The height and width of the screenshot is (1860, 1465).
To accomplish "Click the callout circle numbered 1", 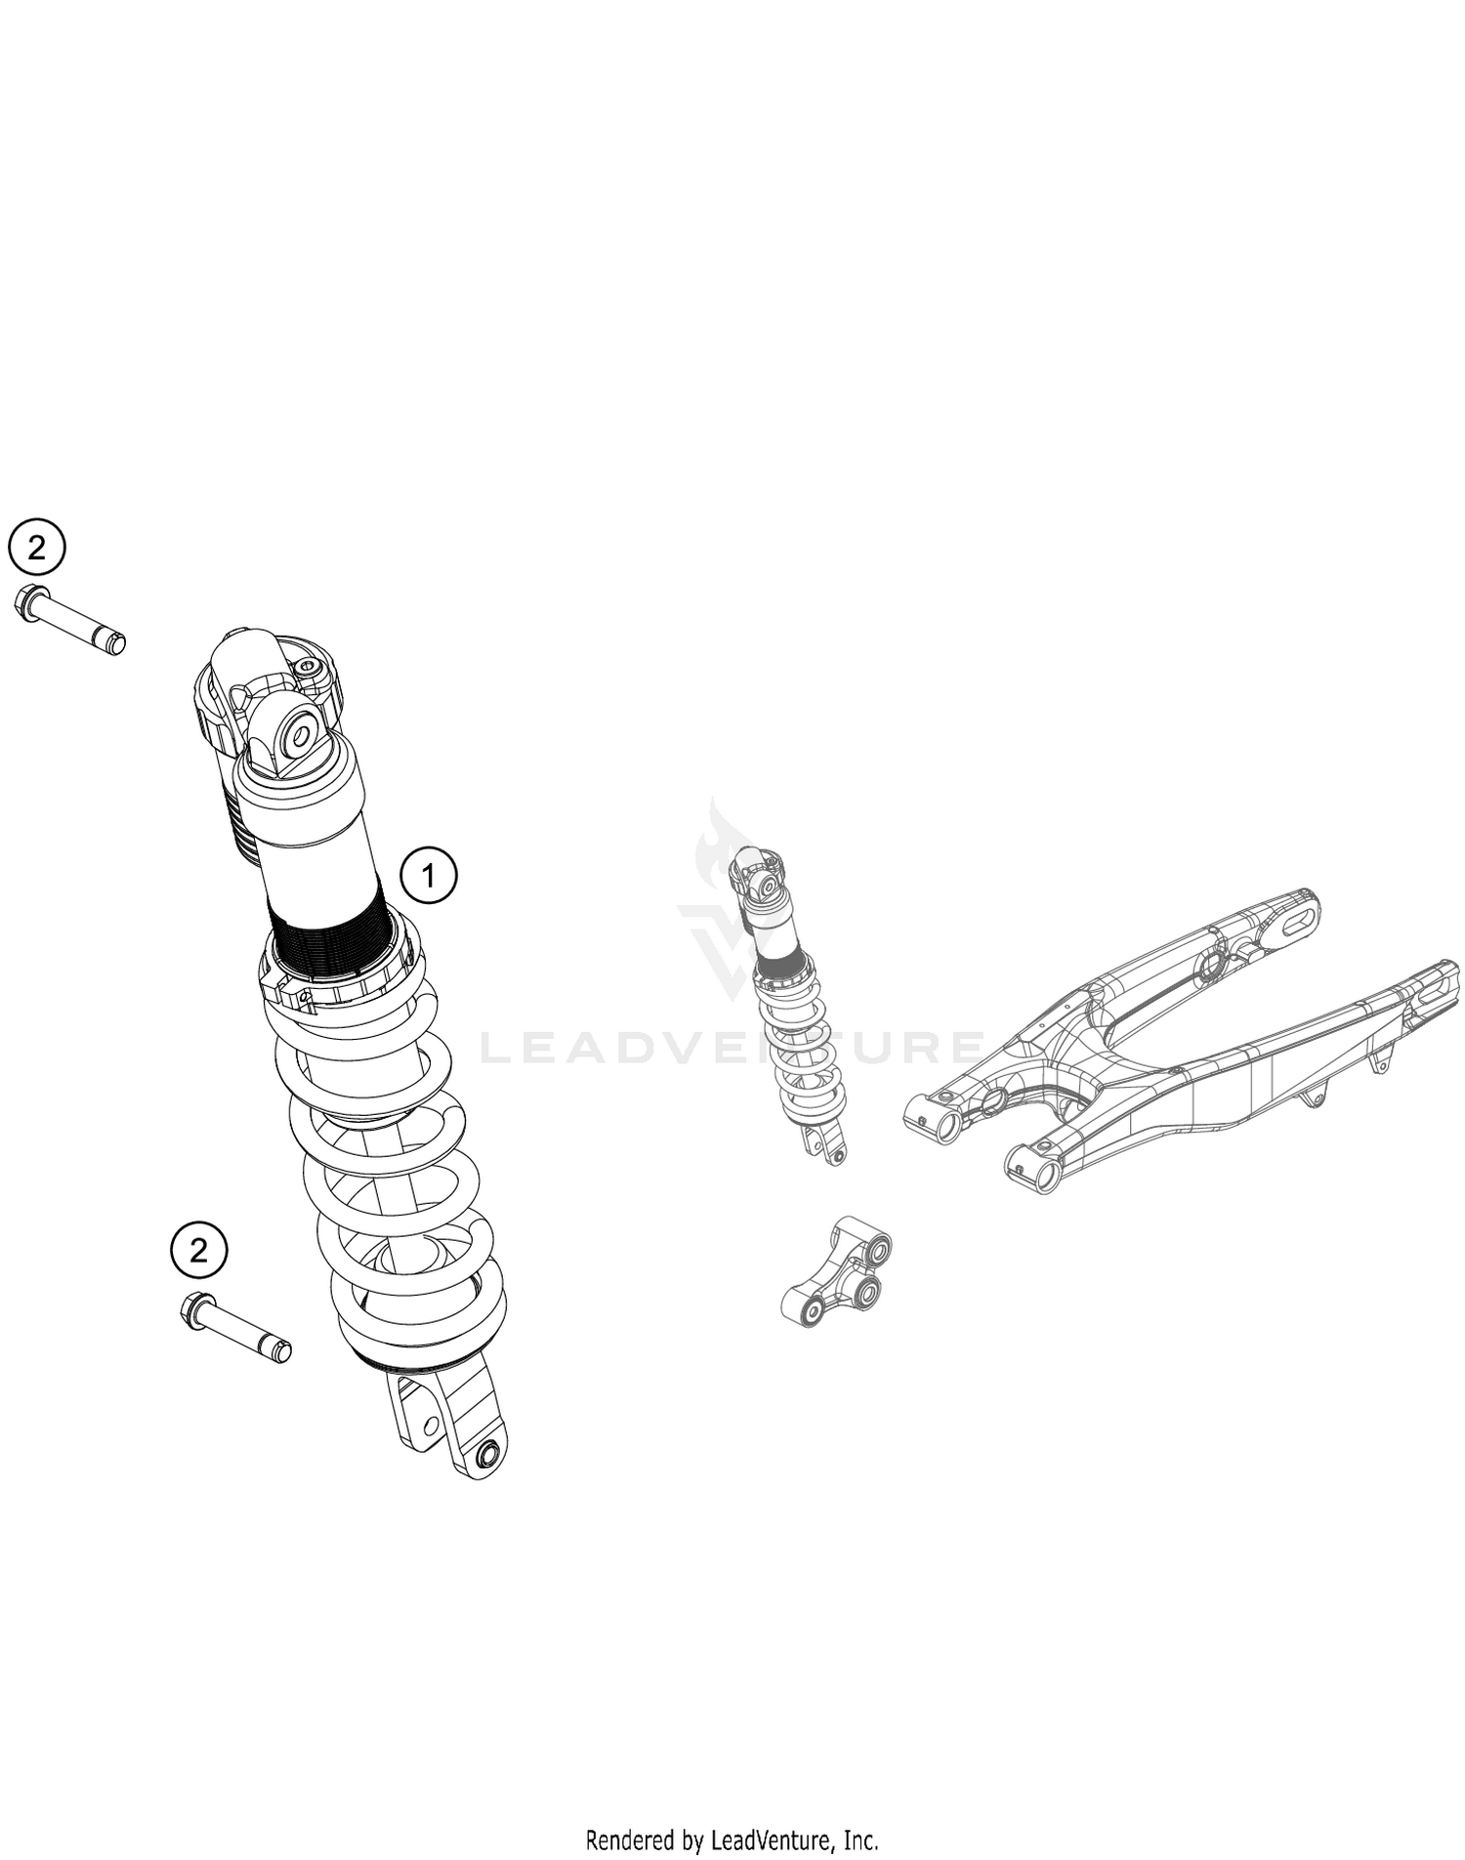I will pos(429,875).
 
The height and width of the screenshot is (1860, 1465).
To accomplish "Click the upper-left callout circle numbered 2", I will pos(36,548).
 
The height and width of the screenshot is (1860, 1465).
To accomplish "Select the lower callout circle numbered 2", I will pos(198,1250).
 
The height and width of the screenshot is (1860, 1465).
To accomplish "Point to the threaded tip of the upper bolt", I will pos(115,642).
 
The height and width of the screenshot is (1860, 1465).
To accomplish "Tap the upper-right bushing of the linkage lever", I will pos(878,1249).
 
